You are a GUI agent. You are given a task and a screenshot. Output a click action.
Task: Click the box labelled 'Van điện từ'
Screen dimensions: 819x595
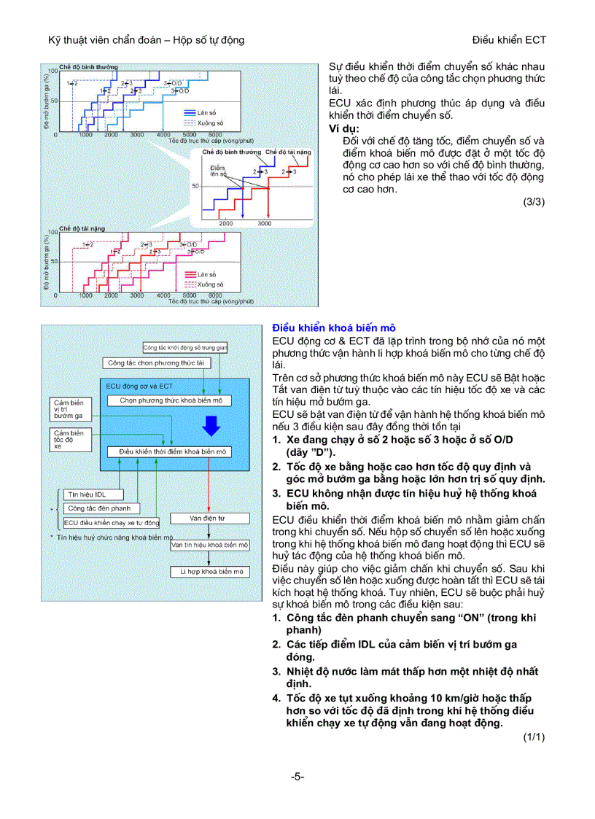[x=207, y=518]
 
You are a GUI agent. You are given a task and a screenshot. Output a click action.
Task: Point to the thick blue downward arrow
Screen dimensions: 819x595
[x=211, y=424]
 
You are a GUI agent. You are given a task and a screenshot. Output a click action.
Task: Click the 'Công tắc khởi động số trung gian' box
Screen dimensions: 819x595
[x=185, y=348]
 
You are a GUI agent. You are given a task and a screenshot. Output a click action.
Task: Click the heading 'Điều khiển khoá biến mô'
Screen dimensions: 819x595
[x=334, y=328]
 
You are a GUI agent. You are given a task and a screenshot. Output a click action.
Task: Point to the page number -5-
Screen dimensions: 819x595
[x=297, y=777]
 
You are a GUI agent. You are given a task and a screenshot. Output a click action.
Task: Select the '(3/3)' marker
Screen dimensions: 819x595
[x=534, y=202]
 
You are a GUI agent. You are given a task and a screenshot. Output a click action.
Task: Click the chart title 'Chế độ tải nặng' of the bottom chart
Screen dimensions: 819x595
[x=82, y=228]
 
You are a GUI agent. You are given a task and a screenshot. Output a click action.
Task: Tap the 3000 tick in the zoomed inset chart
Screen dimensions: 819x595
[x=264, y=223]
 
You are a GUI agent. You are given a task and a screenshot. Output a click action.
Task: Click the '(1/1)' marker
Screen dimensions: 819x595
[x=534, y=737]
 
